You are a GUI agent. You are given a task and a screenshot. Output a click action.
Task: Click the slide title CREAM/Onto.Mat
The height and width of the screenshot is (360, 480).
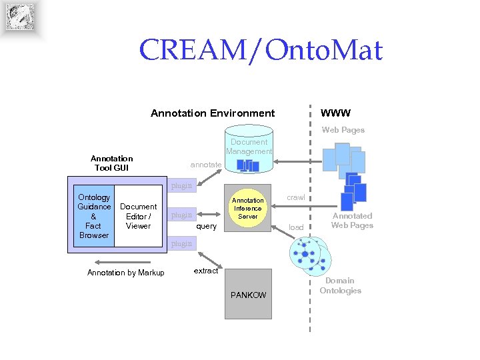261,50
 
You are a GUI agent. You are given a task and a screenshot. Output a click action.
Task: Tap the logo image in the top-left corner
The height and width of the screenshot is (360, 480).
20,18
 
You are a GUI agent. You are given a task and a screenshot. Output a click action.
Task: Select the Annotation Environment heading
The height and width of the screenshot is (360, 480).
212,113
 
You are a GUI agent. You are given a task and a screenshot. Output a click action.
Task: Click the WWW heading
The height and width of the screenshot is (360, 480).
335,113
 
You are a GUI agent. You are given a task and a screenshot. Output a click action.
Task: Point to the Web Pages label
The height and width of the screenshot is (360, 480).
343,130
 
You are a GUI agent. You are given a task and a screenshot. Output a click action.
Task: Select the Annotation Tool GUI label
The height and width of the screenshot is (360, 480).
111,163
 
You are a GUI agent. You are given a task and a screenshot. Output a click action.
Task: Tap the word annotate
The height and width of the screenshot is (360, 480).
205,164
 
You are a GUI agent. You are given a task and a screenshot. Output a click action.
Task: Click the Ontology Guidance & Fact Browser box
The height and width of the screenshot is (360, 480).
93,216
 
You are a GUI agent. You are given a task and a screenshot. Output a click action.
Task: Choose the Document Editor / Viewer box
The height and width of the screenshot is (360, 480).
138,216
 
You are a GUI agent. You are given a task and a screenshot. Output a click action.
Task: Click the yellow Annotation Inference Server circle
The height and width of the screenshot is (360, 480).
247,208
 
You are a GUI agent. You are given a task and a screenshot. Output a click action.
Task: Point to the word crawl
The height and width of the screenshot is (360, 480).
295,197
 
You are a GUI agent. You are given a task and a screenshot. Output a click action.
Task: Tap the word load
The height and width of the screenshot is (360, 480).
295,227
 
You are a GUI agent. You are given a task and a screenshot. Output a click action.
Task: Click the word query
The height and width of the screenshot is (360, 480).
206,226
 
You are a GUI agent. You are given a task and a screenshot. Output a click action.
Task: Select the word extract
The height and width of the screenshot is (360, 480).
205,271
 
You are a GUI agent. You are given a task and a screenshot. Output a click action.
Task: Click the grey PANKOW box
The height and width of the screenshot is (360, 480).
247,294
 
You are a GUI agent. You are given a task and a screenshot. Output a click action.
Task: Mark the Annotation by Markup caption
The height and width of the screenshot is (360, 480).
125,273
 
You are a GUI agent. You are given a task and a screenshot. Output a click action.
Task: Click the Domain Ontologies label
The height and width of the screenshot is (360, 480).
340,285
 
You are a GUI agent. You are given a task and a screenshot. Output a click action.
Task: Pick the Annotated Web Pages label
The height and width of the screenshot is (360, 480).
352,221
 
